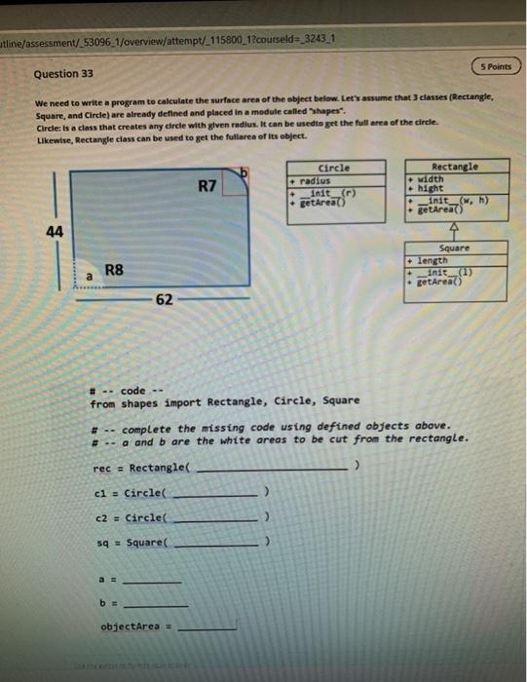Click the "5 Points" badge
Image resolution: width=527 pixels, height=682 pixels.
tap(496, 66)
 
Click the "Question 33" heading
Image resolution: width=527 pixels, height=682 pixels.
tap(64, 74)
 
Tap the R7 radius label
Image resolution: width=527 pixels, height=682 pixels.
tap(207, 185)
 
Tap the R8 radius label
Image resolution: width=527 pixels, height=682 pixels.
tap(114, 270)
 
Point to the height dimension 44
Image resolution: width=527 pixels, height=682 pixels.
tap(55, 230)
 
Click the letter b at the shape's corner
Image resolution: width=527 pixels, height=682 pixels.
tap(245, 173)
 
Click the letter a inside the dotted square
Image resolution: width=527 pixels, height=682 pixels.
tap(89, 278)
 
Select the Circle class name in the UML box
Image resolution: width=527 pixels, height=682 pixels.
tap(334, 168)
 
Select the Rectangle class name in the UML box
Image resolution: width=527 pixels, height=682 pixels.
tap(454, 167)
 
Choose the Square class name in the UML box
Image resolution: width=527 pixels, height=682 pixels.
tap(454, 248)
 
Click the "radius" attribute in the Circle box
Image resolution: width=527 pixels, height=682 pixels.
tap(317, 180)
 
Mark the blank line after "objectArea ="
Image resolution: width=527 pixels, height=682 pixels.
tap(207, 629)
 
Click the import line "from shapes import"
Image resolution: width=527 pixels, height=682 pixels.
tap(224, 400)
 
